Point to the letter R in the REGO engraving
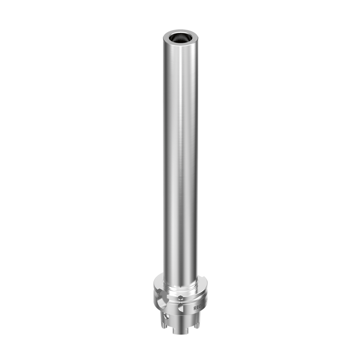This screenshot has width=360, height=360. (195, 308)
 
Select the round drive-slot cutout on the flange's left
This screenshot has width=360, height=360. (162, 304)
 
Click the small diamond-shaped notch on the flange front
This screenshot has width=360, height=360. (180, 297)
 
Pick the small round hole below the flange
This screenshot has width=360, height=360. (166, 316)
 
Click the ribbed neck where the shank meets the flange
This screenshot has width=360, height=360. (180, 287)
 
